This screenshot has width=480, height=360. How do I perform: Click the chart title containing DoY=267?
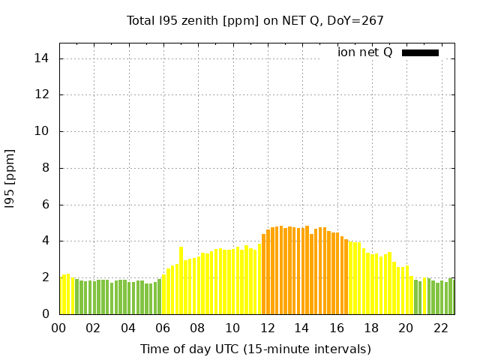point(255,20)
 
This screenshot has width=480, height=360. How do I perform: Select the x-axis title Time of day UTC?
point(255,349)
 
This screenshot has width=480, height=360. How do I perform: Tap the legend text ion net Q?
point(364,52)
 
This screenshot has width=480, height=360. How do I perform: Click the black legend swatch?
point(420,52)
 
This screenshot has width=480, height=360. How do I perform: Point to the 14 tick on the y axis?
point(43,58)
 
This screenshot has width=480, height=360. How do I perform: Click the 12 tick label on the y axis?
point(43,95)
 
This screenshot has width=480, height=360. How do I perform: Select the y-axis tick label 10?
point(43,131)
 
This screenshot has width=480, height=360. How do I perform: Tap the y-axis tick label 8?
point(46,168)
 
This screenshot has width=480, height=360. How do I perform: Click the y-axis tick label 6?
point(46,205)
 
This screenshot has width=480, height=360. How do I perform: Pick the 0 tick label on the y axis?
point(46,314)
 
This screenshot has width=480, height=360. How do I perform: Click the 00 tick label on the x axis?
point(58,328)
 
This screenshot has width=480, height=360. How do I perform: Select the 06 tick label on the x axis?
point(163,328)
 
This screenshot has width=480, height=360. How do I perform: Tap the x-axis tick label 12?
point(266,328)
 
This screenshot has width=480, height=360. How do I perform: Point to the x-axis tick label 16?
point(336,328)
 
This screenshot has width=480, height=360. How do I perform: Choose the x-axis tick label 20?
point(405,328)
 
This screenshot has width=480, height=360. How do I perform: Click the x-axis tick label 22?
point(439,328)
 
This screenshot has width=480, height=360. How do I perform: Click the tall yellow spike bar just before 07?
point(181,280)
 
